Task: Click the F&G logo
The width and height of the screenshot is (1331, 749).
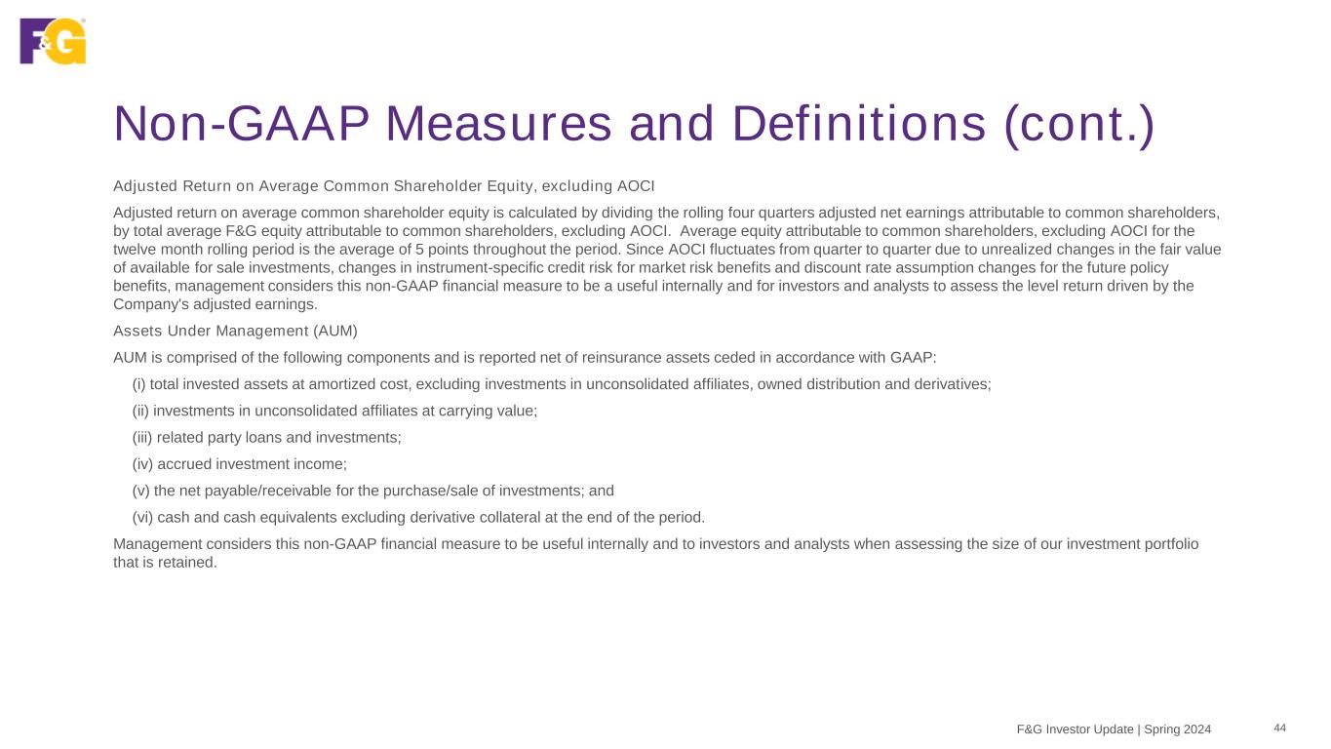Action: [53, 41]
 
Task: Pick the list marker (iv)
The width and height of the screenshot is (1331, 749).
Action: [142, 463]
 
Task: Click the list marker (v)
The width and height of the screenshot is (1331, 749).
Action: [140, 490]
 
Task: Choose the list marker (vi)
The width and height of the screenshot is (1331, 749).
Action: [142, 516]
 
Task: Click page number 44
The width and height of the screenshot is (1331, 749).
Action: [1279, 729]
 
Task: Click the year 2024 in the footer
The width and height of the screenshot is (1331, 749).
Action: [1196, 729]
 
